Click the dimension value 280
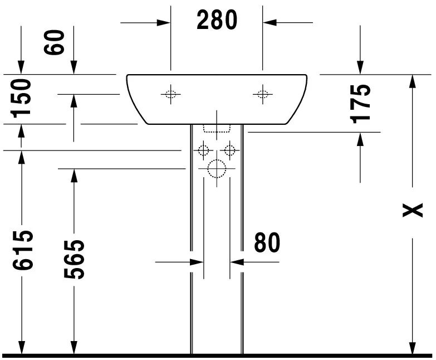coord(217,21)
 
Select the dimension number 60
coord(56,42)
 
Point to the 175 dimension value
coord(361,103)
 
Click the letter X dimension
coord(413,210)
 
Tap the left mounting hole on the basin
coord(171,94)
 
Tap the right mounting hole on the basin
coord(262,94)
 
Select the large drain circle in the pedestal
coord(216,169)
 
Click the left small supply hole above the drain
coord(203,150)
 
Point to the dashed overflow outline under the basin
coord(217,129)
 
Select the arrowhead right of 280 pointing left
coord(270,22)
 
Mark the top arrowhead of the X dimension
coord(412,81)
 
